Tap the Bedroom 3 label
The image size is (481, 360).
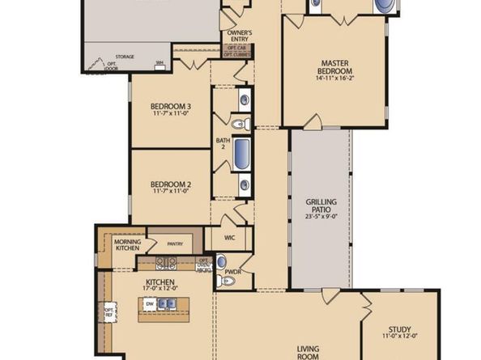click(x=171, y=107)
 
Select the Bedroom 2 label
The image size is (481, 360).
click(x=171, y=185)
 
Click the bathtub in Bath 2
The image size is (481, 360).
click(x=242, y=154)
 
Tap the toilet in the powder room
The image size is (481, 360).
click(x=228, y=280)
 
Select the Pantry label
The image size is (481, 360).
click(x=174, y=244)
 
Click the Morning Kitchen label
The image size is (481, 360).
click(x=128, y=245)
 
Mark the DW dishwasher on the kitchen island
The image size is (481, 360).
click(x=149, y=303)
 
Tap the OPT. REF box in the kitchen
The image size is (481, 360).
click(x=109, y=311)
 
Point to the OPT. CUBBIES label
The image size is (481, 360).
click(x=236, y=54)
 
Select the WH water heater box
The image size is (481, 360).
click(x=160, y=63)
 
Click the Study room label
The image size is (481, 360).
click(x=399, y=329)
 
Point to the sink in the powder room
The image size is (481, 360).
click(x=221, y=262)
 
